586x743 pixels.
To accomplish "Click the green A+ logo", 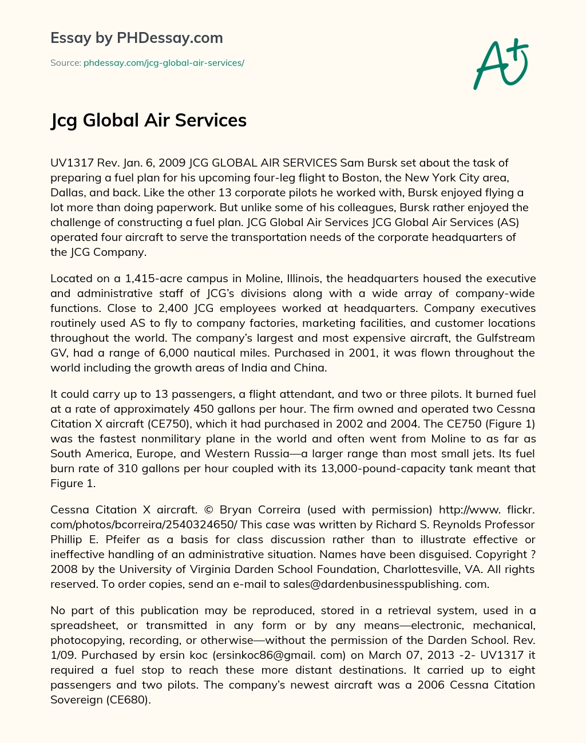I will [x=501, y=64].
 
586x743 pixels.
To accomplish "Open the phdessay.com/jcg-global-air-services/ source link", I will [x=164, y=63].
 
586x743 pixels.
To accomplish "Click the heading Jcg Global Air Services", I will [x=148, y=120].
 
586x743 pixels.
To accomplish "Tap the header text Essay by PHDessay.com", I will [x=136, y=38].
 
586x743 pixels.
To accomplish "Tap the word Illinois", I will [x=298, y=279].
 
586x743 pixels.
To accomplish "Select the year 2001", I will [x=361, y=353].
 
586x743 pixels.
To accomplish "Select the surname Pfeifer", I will [x=114, y=540].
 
